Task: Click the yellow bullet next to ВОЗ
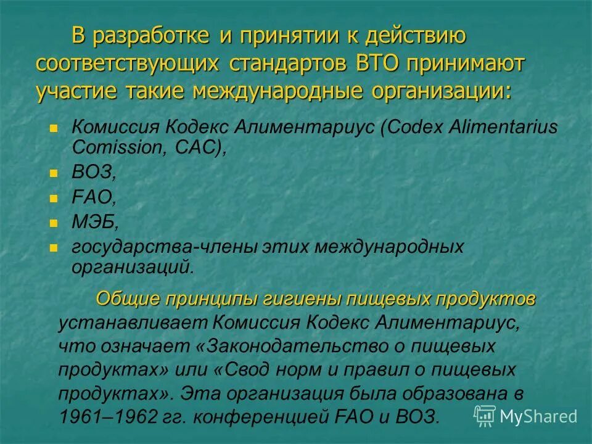tap(54, 173)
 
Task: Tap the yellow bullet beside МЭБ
tap(54, 221)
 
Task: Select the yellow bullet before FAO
tap(54, 197)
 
